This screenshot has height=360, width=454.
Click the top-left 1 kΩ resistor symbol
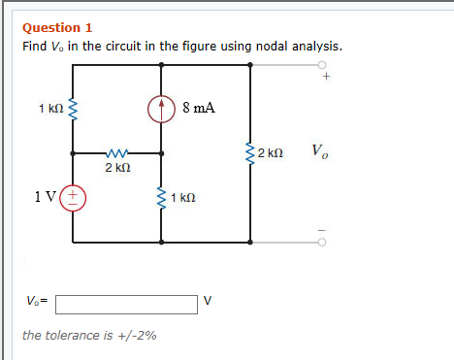coord(73,109)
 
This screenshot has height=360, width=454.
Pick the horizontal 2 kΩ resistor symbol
coord(116,153)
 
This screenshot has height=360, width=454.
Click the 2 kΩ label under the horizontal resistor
coord(116,169)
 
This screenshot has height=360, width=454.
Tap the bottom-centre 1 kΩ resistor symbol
coord(162,198)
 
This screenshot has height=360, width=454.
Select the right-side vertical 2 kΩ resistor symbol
coord(252,153)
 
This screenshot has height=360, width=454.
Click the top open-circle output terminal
coord(321,64)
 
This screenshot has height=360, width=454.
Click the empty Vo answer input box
coord(127,304)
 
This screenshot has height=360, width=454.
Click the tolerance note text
coord(90,336)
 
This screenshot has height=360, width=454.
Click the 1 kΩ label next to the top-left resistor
coord(49,108)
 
